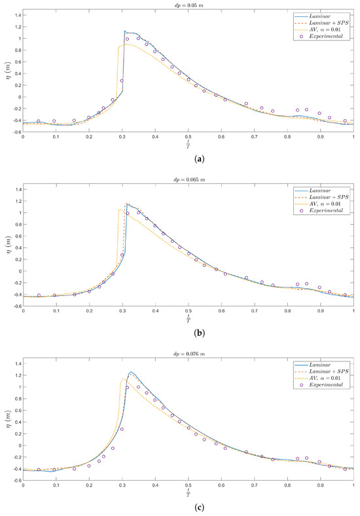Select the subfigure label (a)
(189, 158)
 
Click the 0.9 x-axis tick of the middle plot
(321, 311)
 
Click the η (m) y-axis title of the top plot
(6, 72)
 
